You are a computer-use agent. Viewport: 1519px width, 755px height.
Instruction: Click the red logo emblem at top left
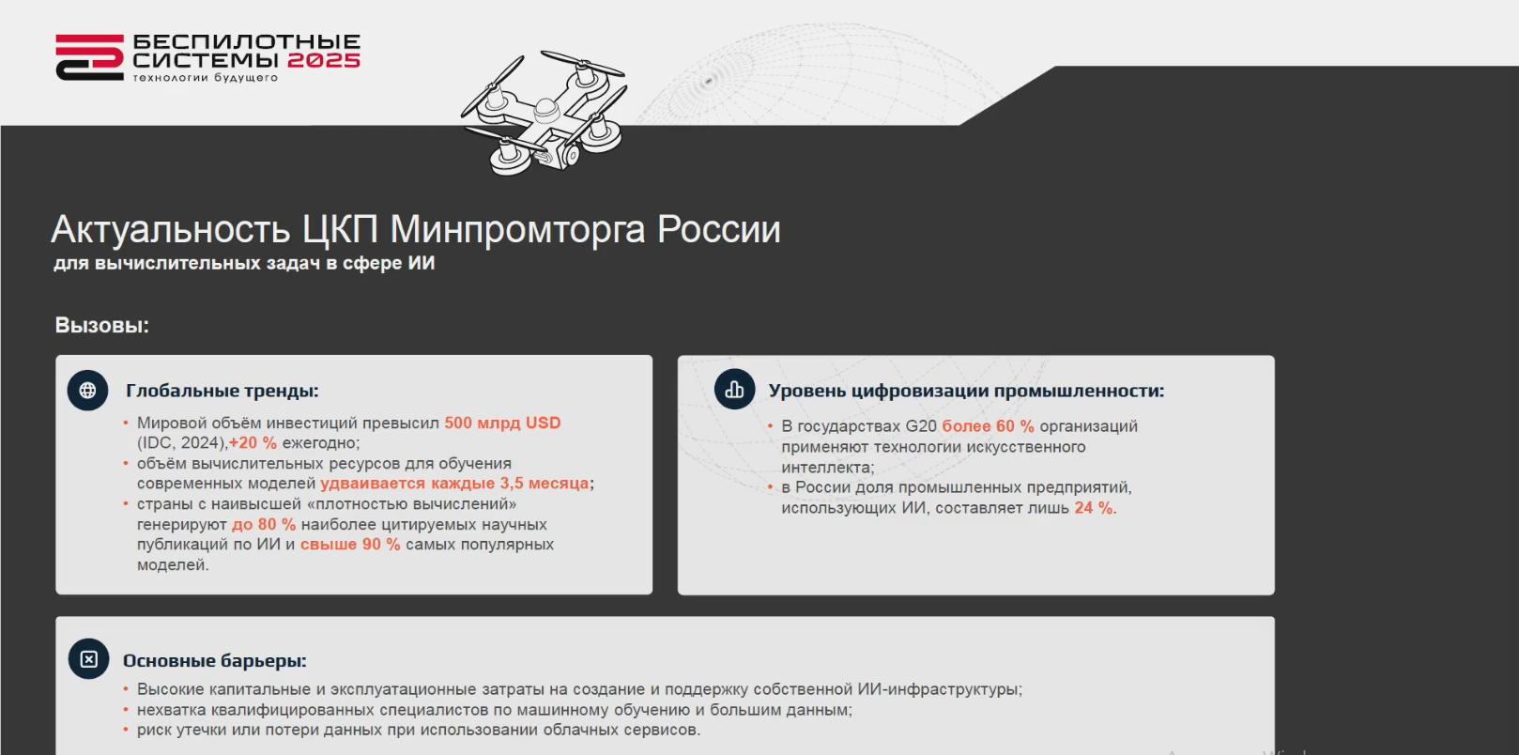point(89,57)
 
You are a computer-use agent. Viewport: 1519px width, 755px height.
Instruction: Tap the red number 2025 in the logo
point(324,60)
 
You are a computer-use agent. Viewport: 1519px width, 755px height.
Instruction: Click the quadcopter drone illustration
point(544,113)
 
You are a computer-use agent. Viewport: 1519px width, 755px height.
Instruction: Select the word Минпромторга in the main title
point(517,229)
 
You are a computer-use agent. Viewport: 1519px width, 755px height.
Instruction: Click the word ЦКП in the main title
point(340,229)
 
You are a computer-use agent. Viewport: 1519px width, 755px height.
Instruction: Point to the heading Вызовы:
point(101,325)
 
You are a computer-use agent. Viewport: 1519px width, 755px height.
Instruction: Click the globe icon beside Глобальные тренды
point(87,390)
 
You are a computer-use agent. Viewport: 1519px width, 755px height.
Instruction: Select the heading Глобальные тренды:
point(222,391)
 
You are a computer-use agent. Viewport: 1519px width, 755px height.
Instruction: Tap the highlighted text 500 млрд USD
point(502,423)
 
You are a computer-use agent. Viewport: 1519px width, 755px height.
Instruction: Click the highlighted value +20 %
point(253,443)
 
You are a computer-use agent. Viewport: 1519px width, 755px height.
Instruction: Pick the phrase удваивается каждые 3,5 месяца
point(454,483)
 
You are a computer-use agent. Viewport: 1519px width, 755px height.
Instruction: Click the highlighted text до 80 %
point(264,524)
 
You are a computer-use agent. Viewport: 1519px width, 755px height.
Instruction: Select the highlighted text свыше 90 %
point(350,544)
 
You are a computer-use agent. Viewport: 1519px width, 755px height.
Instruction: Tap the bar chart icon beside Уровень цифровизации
point(734,390)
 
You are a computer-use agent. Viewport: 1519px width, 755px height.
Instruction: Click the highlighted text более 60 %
point(988,426)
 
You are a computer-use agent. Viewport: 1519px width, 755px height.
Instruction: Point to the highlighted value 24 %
point(1093,507)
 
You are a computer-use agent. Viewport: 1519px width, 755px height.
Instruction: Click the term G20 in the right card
point(921,426)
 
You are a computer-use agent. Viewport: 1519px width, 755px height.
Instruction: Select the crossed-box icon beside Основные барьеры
point(89,658)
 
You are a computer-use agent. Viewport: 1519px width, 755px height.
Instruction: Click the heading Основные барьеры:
point(214,661)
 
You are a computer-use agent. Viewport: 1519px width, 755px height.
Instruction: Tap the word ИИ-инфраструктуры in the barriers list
point(939,689)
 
